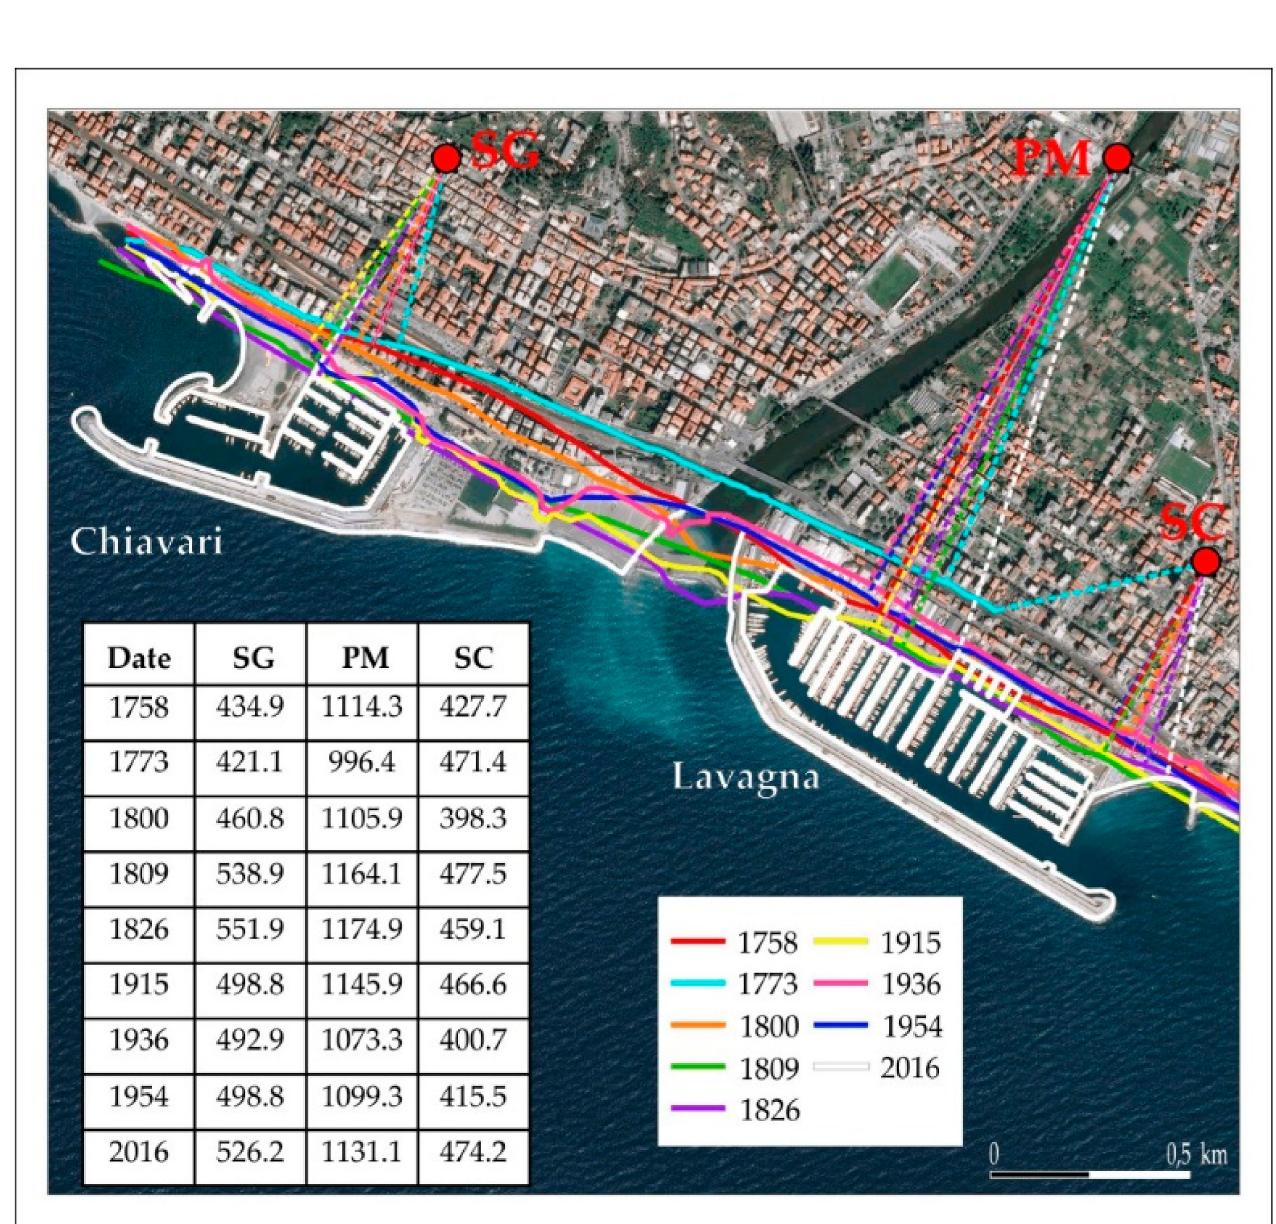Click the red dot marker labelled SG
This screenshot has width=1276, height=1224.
[x=446, y=158]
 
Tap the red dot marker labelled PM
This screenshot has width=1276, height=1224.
[x=1117, y=157]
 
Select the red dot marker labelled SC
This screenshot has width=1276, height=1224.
[x=1206, y=561]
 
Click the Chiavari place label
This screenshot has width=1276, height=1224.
[x=146, y=541]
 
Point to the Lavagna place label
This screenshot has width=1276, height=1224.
[x=745, y=777]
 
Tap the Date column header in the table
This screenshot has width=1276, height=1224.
[x=139, y=657]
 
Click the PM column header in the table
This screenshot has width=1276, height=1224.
[x=362, y=657]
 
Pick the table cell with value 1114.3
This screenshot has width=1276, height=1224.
[x=362, y=707]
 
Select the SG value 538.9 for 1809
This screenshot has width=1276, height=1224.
[x=250, y=874]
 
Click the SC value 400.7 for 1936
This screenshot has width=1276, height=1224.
[x=473, y=1040]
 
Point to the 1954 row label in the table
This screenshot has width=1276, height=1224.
[x=139, y=1096]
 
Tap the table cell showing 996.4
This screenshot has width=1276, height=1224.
[x=362, y=762]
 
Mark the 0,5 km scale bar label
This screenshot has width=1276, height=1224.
[x=1195, y=1154]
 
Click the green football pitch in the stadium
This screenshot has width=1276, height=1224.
[x=891, y=285]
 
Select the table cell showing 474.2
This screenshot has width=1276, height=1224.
[x=473, y=1152]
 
